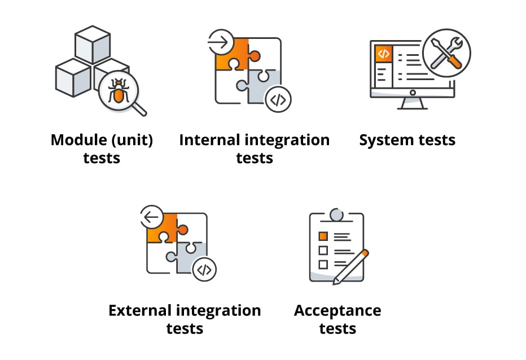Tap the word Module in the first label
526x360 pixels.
pos(75,140)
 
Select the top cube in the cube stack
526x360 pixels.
pos(92,43)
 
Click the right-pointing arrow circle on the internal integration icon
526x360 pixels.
pos(220,41)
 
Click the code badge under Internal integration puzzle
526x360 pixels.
pos(278,99)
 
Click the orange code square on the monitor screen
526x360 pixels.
pos(384,54)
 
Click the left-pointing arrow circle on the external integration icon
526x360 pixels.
pos(151,216)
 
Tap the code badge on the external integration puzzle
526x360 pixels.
pos(204,270)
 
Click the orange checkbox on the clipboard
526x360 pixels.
pos(323,235)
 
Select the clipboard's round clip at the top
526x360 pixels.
pos(336,214)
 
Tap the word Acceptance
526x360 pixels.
pos(337,310)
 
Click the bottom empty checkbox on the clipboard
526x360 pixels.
pos(323,264)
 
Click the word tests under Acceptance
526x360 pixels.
pos(337,328)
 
